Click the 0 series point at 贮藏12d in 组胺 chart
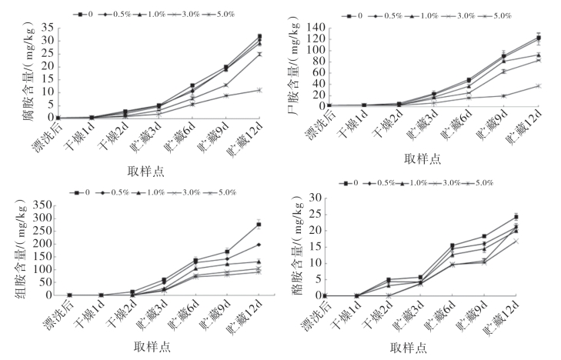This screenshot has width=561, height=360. [x=259, y=225]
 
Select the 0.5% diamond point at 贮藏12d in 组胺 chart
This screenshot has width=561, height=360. [x=259, y=245]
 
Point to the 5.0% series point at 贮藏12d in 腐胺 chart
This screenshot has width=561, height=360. [x=259, y=90]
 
